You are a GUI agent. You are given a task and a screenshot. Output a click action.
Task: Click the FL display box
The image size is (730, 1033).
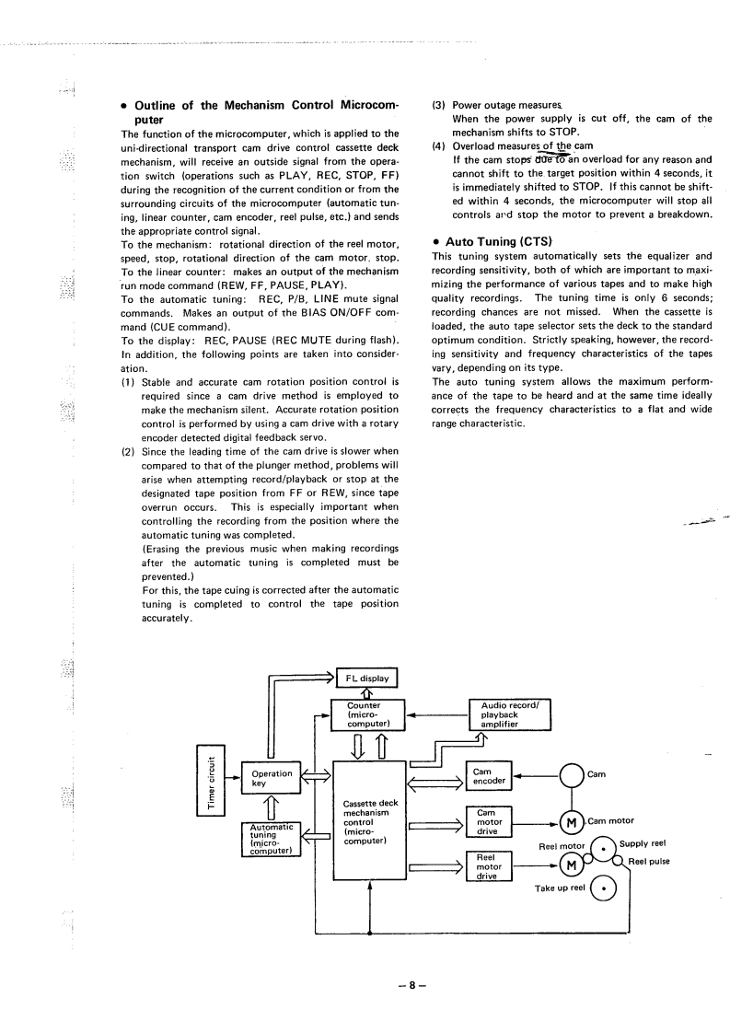pyautogui.click(x=365, y=679)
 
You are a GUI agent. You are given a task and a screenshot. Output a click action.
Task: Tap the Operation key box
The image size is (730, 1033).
pyautogui.click(x=266, y=778)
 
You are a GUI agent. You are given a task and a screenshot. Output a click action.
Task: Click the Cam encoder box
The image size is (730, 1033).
pyautogui.click(x=489, y=776)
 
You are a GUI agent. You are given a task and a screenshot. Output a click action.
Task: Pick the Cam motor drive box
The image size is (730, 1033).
pyautogui.click(x=489, y=821)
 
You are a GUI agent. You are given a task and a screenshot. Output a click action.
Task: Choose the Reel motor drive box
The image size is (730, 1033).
pyautogui.click(x=489, y=865)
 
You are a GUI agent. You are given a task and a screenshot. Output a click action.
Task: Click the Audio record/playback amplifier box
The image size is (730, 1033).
pyautogui.click(x=510, y=714)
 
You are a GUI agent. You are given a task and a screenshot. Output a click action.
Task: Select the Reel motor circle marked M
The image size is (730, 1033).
pyautogui.click(x=573, y=865)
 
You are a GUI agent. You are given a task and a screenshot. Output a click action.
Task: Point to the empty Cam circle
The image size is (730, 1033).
pyautogui.click(x=573, y=776)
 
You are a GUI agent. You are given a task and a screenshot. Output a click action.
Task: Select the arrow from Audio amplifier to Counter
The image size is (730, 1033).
pyautogui.click(x=437, y=714)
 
